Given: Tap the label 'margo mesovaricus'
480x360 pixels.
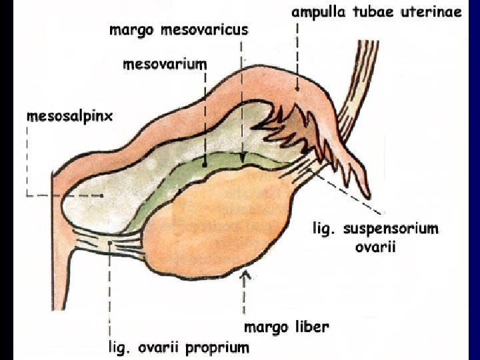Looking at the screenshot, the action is tap(178, 30).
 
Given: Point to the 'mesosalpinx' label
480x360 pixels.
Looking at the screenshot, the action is tap(70, 115).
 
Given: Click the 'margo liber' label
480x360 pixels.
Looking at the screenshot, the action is tap(286, 327).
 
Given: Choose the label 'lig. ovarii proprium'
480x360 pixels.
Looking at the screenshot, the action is tap(179, 347).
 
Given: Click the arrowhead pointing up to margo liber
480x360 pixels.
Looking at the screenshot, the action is tap(247, 273).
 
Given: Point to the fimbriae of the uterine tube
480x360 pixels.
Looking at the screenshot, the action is tap(280, 133).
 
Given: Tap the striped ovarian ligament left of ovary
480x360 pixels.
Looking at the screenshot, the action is tap(120, 241).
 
